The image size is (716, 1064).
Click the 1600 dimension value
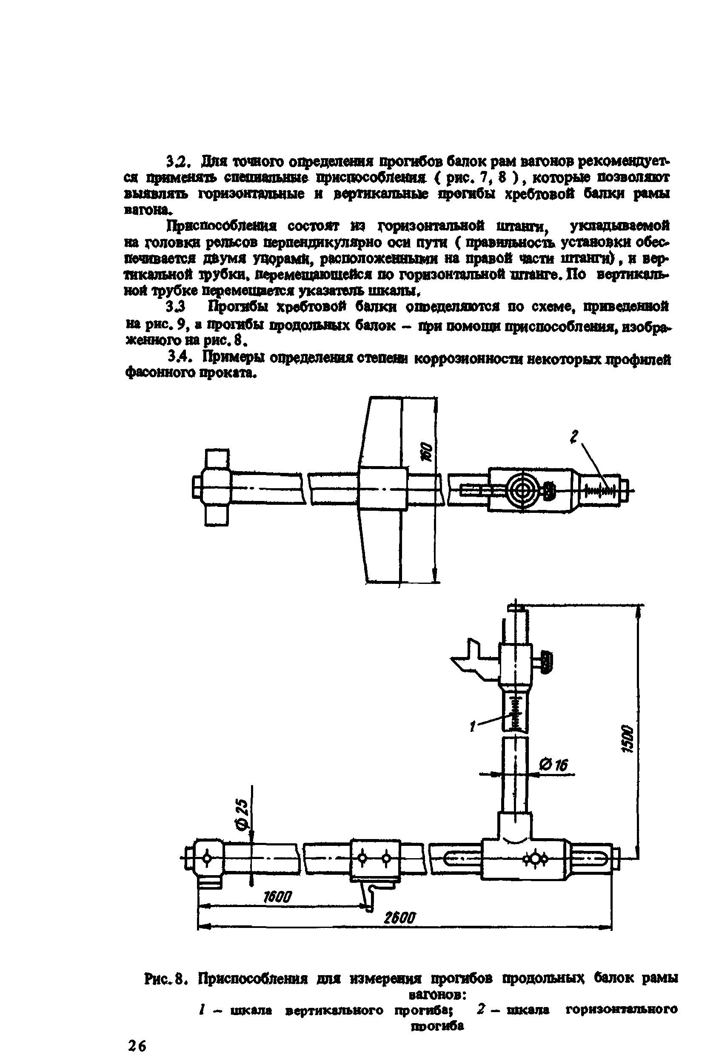pyautogui.click(x=277, y=897)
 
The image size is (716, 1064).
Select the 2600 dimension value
pyautogui.click(x=400, y=917)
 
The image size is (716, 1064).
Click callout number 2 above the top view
pyautogui.click(x=574, y=437)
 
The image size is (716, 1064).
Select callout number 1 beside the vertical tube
pyautogui.click(x=473, y=726)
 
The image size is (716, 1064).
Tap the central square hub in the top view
pyautogui.click(x=382, y=488)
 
